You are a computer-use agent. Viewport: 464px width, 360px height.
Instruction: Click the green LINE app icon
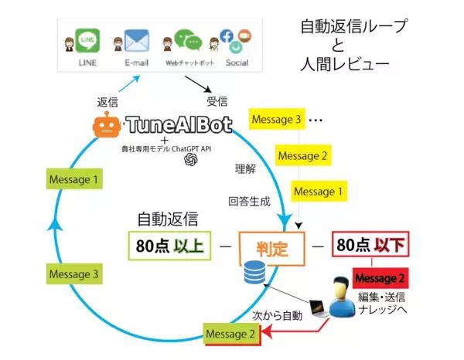[86, 41]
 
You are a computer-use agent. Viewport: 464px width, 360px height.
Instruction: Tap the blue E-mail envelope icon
[137, 41]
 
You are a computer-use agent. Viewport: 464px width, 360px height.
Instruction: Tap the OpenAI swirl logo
[190, 159]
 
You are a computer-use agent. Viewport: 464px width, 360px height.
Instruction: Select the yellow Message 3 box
[275, 121]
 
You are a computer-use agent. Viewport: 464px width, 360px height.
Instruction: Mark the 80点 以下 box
[369, 246]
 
